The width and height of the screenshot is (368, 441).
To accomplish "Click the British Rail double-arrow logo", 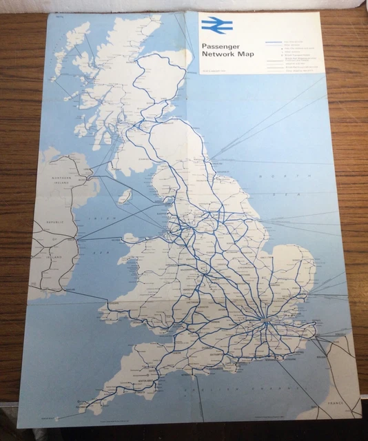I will pyautogui.click(x=217, y=26).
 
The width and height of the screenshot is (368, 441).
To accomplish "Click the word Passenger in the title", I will pyautogui.click(x=220, y=48).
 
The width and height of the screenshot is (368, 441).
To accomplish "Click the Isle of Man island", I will pyautogui.click(x=125, y=197).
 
